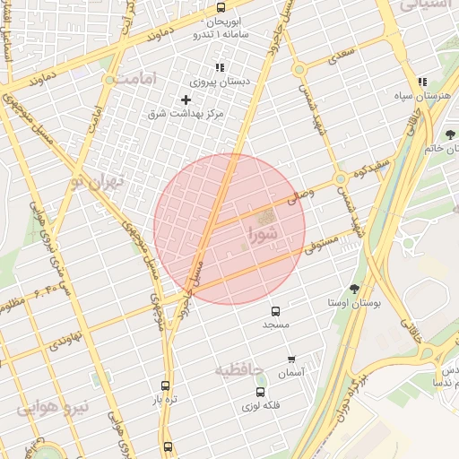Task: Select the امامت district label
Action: coord(135,79)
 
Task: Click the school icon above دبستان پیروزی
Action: coord(219,67)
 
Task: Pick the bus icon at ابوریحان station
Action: coord(221,7)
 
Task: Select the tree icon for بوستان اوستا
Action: coord(356,289)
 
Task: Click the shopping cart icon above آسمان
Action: coord(291,359)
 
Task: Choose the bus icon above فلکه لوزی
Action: coord(261,392)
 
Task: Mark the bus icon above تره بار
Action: coord(164,385)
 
